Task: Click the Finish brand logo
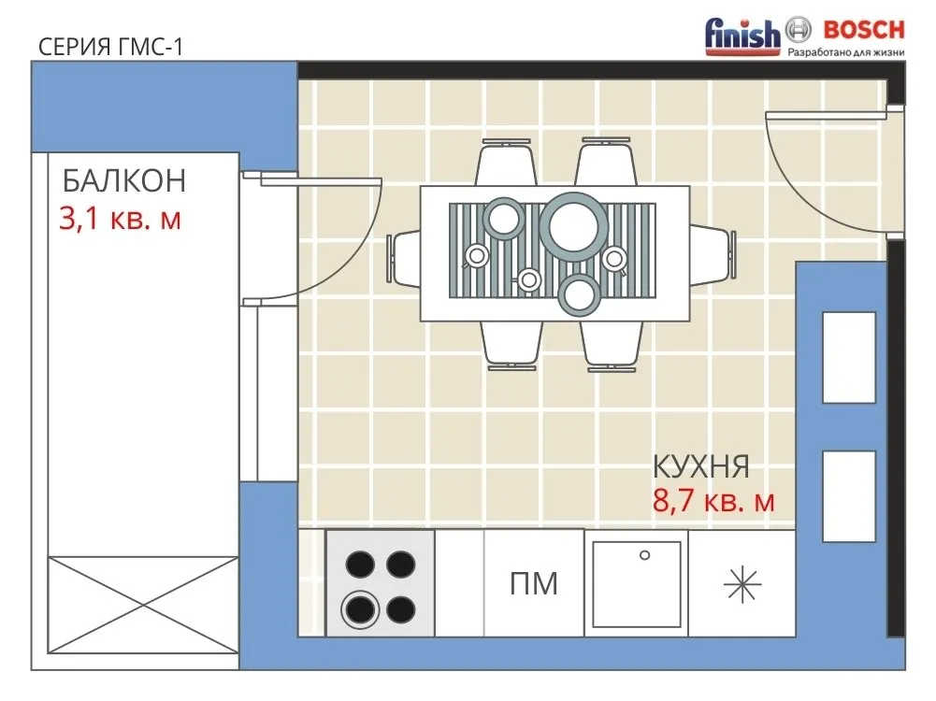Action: coord(742,36)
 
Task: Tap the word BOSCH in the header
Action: coord(864,29)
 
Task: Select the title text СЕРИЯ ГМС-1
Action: coord(110,47)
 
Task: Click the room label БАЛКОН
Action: coord(124,180)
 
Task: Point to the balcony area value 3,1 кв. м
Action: coord(120,219)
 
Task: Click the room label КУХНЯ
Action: coord(700,466)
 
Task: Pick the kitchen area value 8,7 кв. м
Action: coord(713,501)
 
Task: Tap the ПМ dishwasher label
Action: coord(534,583)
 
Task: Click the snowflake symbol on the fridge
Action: coord(742,584)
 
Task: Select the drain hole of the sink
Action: coord(644,555)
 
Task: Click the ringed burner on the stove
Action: coord(361,609)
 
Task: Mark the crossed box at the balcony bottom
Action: coord(143,605)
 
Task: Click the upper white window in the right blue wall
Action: coord(849,358)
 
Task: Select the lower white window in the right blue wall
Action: coord(849,496)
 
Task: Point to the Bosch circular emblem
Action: coord(799,29)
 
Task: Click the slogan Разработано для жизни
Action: coord(846,52)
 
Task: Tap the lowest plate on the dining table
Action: coord(579,294)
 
